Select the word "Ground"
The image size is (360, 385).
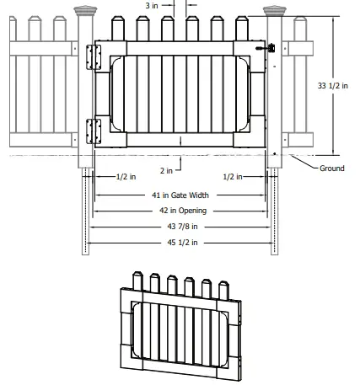coord(331,168)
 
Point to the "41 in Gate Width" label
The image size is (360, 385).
coord(181,195)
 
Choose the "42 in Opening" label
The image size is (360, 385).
coord(181,211)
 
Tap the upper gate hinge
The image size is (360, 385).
coord(94,52)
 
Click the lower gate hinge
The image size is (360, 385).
coord(94,128)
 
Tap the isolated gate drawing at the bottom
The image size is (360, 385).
coord(181,324)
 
